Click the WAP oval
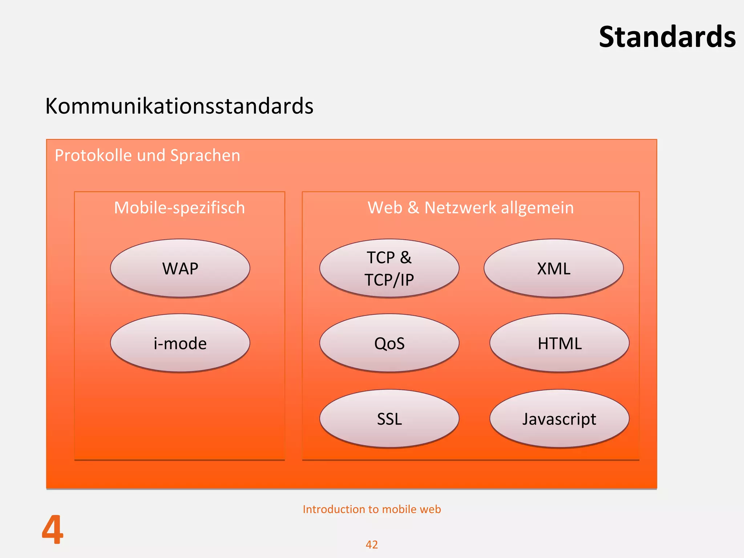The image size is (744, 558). point(180,268)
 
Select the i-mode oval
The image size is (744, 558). point(180,343)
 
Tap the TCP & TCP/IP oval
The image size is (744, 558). point(389,268)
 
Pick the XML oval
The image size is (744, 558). point(553,268)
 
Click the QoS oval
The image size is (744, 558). point(389,343)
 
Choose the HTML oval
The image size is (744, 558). point(559,343)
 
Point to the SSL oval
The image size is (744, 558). point(389,419)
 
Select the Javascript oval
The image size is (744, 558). point(559,419)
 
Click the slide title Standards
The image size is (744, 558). point(667,37)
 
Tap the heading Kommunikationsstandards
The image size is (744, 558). point(179,106)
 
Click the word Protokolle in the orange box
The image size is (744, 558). point(93,155)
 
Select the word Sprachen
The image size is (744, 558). point(205,155)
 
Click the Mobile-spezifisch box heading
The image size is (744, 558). point(179,208)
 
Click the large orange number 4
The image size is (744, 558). point(53,530)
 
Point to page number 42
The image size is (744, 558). point(372,545)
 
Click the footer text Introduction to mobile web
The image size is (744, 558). point(372,509)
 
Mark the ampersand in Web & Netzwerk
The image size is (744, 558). point(413,208)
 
